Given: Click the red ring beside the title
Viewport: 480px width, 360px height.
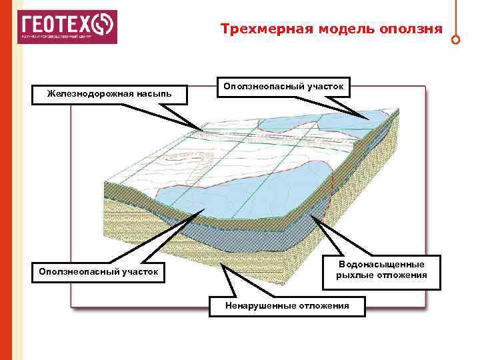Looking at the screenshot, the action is coord(455,39).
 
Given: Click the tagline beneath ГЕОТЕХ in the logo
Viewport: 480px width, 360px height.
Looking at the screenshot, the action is coord(56,37).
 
